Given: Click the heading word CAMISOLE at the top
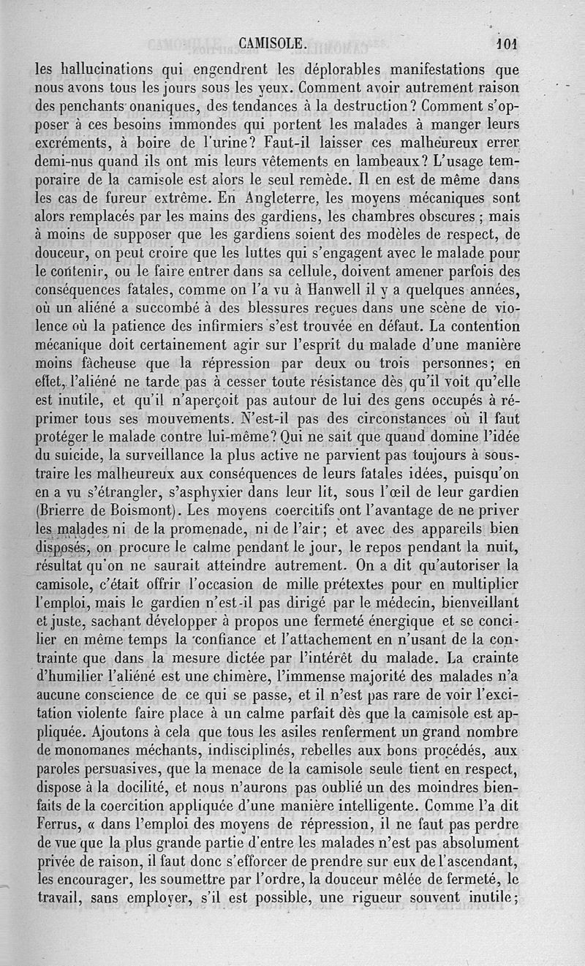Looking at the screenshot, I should point(272,44).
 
